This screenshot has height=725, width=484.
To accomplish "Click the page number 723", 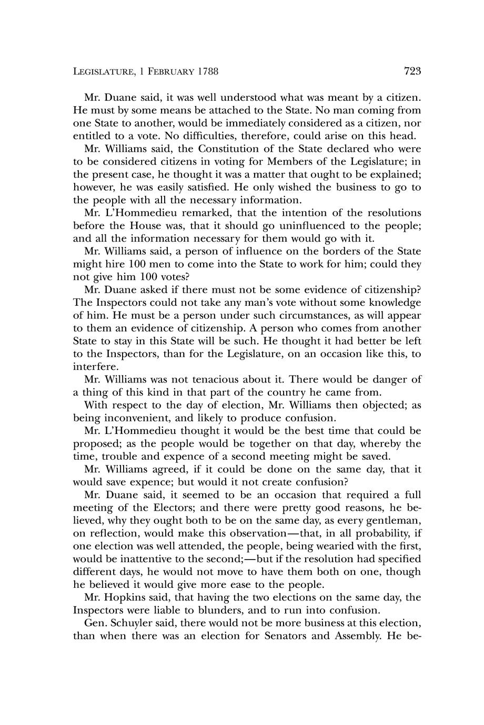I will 413,71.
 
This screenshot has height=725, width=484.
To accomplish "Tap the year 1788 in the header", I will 207,71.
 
